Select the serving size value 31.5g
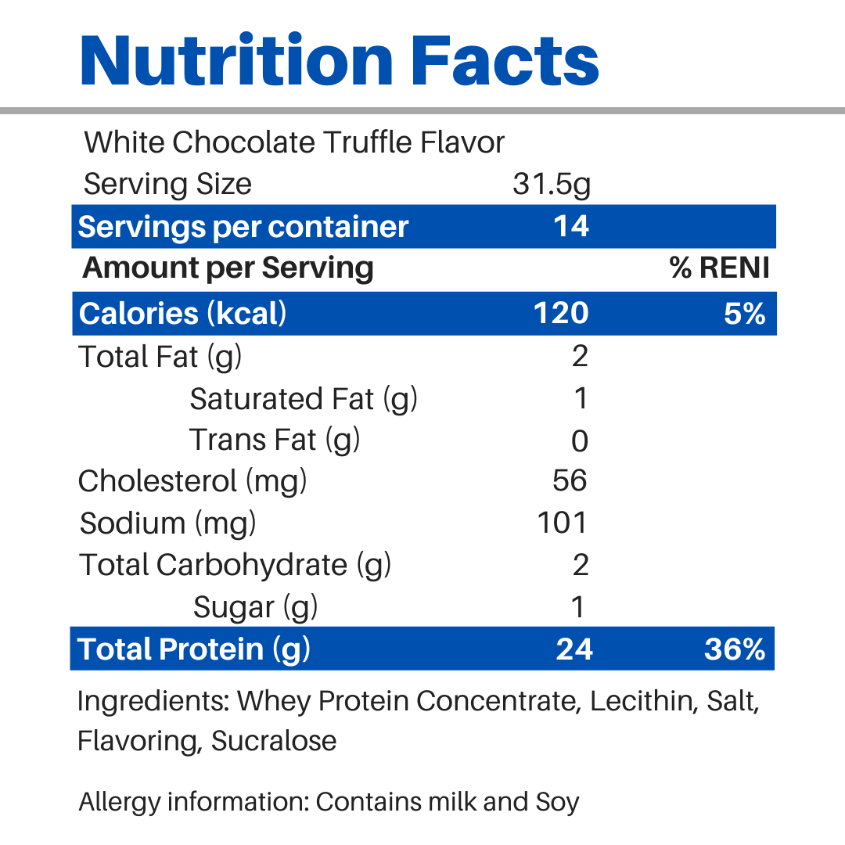(552, 185)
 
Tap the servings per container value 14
(571, 226)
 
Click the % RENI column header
(720, 268)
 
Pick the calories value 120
(561, 313)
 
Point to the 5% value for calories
(744, 313)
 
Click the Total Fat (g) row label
(160, 357)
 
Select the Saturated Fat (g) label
(304, 399)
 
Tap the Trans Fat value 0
(579, 441)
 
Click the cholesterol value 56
(570, 480)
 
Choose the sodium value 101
(563, 523)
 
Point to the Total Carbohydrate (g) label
(235, 565)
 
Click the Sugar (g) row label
(255, 607)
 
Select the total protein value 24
(574, 649)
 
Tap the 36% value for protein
(734, 649)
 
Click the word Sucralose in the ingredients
(274, 740)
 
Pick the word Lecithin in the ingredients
(642, 700)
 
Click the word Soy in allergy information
(557, 802)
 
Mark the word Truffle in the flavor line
(368, 142)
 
